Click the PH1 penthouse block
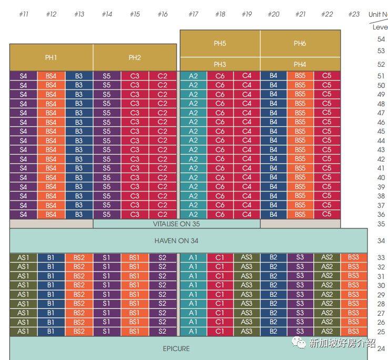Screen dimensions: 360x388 [51, 57]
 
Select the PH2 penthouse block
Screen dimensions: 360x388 [135, 57]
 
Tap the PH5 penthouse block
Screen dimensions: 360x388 [220, 44]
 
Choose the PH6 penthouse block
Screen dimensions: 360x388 [300, 44]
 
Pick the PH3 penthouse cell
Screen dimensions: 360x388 [220, 64]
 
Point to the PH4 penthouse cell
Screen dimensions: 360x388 [300, 64]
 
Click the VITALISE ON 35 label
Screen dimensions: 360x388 [176, 224]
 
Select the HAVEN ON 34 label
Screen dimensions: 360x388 [176, 241]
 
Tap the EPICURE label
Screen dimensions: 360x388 [176, 348]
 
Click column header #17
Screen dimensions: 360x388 [193, 14]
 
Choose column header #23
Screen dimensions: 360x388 [354, 14]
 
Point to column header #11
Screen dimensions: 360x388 [23, 14]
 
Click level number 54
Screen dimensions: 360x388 [381, 39]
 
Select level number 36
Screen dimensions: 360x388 [381, 215]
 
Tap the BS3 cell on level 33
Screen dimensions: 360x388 [353, 257]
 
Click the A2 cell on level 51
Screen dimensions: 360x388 [193, 76]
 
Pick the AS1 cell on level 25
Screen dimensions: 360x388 [23, 331]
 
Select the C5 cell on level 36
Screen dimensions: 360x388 [327, 214]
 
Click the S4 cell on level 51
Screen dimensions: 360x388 [23, 76]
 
